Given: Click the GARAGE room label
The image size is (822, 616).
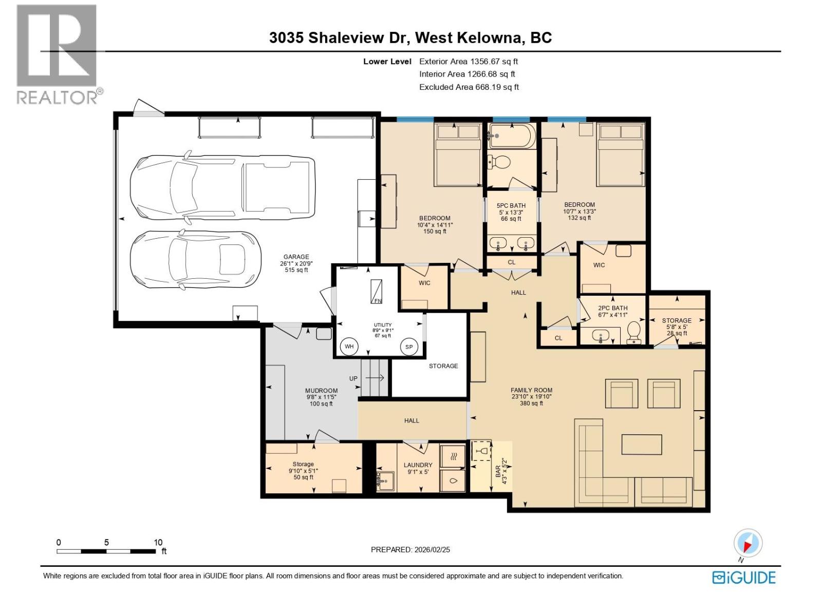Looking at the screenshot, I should (296, 257).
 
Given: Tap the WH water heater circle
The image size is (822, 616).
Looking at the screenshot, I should (349, 346).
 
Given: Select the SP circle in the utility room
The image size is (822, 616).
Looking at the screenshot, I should (409, 347).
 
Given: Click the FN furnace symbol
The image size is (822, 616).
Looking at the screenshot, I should (377, 292).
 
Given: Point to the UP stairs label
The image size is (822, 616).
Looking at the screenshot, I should (353, 379).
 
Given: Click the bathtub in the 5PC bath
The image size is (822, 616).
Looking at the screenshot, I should (512, 136).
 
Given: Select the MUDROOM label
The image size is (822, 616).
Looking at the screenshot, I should (321, 391).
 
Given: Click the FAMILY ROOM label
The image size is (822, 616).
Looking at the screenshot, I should (531, 390).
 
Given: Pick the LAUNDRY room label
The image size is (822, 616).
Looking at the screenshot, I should (418, 465).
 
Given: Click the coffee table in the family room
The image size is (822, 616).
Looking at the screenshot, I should (641, 445).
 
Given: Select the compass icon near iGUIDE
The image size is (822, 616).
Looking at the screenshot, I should (748, 543).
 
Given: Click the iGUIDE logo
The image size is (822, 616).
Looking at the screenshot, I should (744, 577).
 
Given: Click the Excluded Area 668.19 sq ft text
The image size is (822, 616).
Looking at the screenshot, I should (469, 87).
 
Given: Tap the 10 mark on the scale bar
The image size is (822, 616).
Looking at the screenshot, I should (158, 543).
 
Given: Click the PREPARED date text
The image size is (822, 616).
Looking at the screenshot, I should (410, 549).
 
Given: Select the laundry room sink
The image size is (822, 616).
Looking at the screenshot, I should (385, 480).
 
